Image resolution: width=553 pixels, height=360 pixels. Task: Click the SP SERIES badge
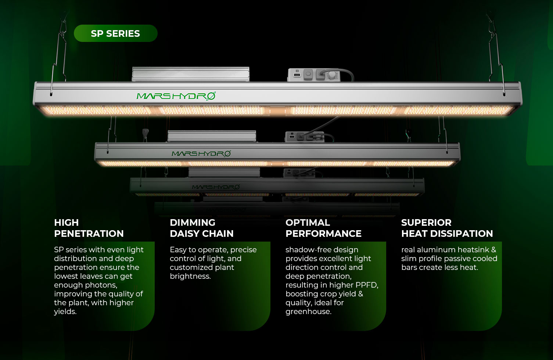[115, 33]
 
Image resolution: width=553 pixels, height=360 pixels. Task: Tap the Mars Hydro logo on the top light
[176, 96]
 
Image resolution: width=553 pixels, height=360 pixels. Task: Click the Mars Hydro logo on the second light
[201, 153]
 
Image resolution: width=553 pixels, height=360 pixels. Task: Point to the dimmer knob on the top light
[332, 75]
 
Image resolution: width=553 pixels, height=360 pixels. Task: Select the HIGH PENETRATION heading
[89, 228]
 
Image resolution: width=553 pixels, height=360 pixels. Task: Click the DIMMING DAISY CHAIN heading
[201, 228]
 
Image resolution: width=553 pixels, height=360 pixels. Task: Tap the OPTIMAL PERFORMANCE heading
[323, 228]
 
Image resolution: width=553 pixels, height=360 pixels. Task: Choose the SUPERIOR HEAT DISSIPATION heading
[447, 228]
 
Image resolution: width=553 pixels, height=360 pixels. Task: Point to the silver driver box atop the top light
[190, 74]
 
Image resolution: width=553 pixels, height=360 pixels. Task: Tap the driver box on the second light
[211, 136]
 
